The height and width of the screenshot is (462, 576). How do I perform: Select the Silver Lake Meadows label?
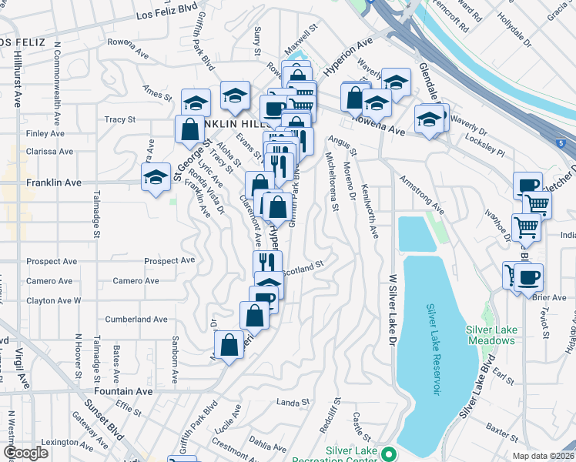click(x=491, y=336)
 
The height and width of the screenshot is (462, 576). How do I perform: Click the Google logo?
click(x=26, y=453)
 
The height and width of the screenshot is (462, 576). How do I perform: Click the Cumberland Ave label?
click(x=136, y=319)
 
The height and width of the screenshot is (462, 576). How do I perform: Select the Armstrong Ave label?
click(x=421, y=195)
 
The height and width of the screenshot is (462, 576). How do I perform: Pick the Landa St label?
click(x=293, y=402)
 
